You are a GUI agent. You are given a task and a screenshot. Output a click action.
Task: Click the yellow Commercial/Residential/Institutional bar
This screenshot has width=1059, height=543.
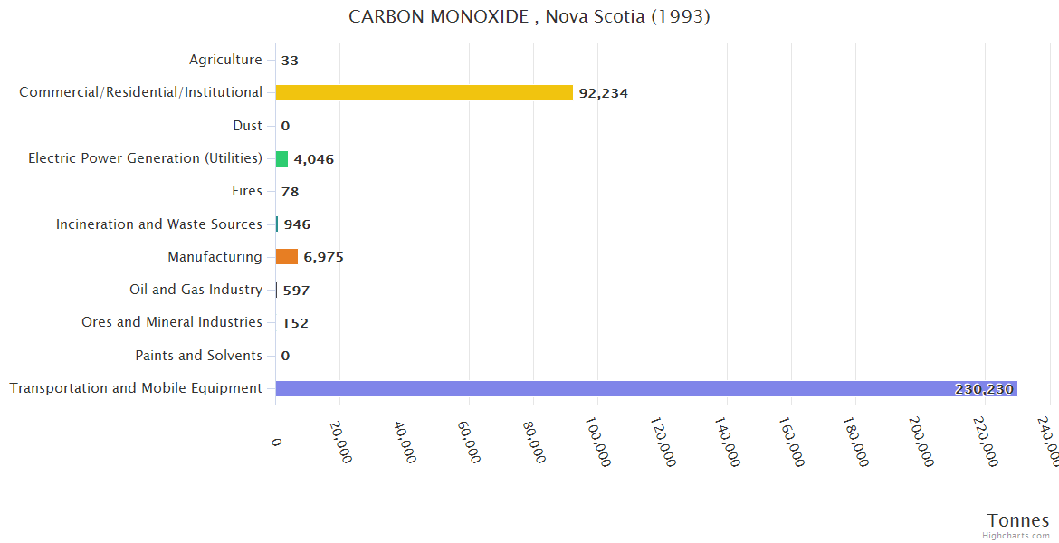[424, 92]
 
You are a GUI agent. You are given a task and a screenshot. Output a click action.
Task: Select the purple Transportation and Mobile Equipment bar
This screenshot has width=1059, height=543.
[646, 388]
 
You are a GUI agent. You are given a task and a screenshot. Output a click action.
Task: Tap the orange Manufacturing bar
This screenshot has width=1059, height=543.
[287, 257]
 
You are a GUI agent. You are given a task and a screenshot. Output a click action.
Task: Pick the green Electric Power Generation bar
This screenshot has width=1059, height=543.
[281, 158]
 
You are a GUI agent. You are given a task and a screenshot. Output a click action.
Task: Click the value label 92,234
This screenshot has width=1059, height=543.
[603, 93]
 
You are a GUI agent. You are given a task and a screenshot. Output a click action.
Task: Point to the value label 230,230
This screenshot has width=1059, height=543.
[984, 389]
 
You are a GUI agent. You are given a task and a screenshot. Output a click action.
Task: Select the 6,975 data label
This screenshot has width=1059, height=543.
[323, 257]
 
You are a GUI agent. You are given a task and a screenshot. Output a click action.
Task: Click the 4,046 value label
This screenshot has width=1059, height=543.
[313, 159]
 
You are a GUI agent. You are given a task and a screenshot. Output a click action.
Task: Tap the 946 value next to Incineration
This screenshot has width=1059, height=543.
[297, 224]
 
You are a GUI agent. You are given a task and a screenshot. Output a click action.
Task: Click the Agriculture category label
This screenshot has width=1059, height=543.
[225, 60]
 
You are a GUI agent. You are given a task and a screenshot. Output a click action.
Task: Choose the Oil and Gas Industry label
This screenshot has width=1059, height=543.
[196, 290]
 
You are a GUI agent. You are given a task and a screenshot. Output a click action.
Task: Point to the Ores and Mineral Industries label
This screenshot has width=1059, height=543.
[172, 322]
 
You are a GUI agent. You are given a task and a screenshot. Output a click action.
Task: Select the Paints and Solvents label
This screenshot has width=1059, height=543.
[198, 356]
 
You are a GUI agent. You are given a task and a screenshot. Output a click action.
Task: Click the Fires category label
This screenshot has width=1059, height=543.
[247, 191]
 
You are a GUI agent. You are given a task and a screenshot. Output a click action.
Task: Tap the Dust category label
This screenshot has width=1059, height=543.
[247, 126]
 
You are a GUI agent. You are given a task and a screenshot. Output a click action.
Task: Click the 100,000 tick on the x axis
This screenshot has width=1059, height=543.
[597, 442]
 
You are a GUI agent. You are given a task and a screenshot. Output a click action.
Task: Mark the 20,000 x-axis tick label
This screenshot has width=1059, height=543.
[340, 442]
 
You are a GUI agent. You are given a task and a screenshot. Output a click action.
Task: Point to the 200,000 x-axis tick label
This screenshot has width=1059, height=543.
[921, 442]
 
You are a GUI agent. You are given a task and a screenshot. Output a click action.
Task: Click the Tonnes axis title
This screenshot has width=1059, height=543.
[1018, 520]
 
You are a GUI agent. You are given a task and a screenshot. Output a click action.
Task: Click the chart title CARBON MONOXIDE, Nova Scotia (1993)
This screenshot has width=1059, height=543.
[529, 17]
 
